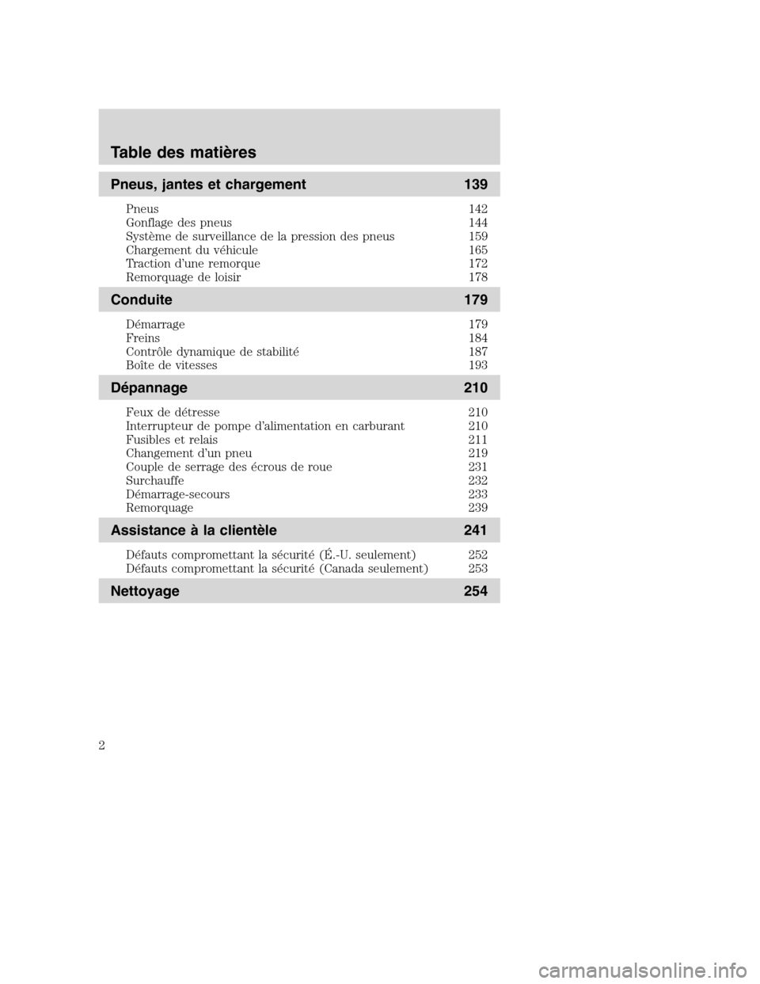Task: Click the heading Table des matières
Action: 184,151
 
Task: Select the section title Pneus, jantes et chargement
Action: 209,185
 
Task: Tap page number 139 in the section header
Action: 476,185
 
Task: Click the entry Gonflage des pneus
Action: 179,223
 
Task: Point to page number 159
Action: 478,236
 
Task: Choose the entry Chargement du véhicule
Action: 192,250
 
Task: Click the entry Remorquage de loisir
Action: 184,277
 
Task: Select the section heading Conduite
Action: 142,300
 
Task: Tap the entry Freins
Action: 142,338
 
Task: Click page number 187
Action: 478,352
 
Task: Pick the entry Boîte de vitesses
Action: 172,365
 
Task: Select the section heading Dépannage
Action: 150,388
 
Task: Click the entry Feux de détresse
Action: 173,412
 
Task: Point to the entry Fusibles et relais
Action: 172,440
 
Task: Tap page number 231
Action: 478,467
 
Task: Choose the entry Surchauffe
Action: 155,480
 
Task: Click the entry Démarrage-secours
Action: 178,494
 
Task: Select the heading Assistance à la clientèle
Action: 194,529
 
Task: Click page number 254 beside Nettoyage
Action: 476,591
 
